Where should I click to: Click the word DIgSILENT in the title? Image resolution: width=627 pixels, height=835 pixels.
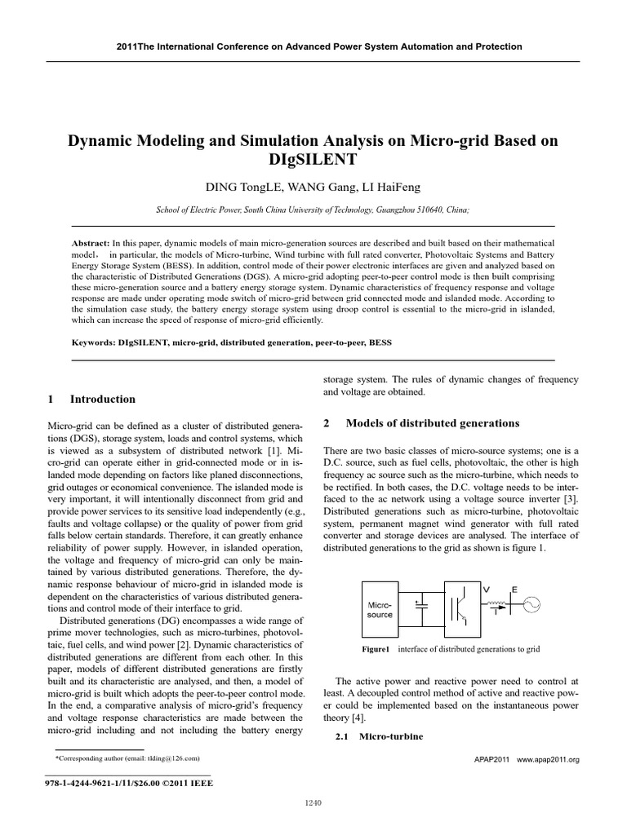point(313,161)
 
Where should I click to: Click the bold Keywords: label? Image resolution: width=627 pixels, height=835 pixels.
point(96,342)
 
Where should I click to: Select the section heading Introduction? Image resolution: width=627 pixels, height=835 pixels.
point(103,399)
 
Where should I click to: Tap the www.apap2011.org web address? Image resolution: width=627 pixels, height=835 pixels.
point(548,759)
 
